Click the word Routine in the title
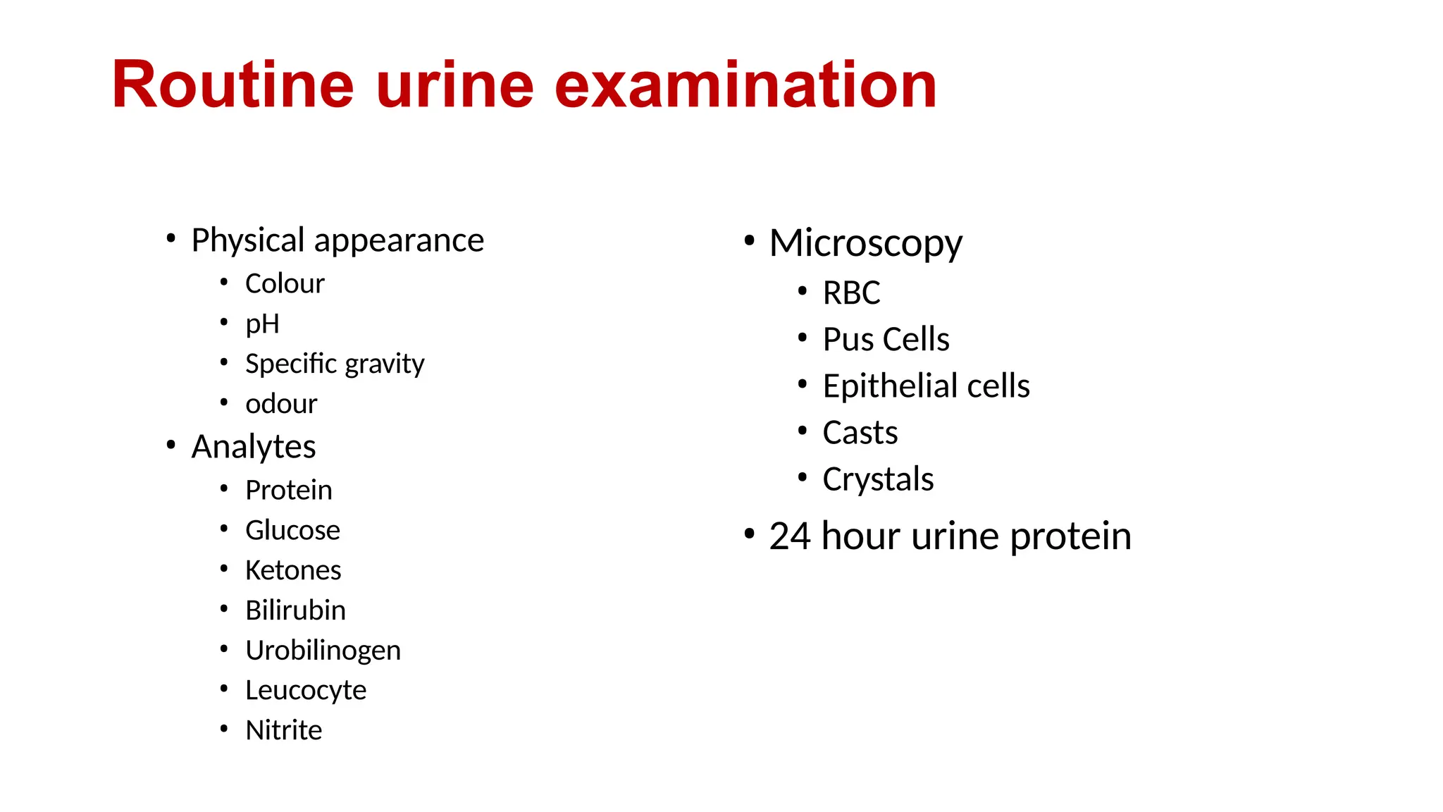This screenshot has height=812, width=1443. [233, 85]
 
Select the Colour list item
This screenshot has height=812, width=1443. [285, 284]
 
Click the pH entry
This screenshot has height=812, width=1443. [262, 324]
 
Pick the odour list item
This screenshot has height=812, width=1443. [281, 404]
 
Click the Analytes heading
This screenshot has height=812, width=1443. [254, 447]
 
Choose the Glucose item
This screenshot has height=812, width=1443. [292, 530]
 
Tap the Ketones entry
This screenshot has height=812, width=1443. [293, 570]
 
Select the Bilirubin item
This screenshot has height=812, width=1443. [295, 610]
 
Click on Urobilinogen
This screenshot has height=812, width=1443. [323, 651]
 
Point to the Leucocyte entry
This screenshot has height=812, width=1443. [306, 690]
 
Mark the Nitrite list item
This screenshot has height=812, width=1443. [283, 730]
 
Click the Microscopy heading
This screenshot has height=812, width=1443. [865, 243]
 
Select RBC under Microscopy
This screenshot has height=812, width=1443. [851, 293]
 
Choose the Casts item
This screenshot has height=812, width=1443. [860, 433]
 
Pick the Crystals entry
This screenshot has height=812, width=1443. [878, 479]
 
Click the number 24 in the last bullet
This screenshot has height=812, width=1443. [789, 536]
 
